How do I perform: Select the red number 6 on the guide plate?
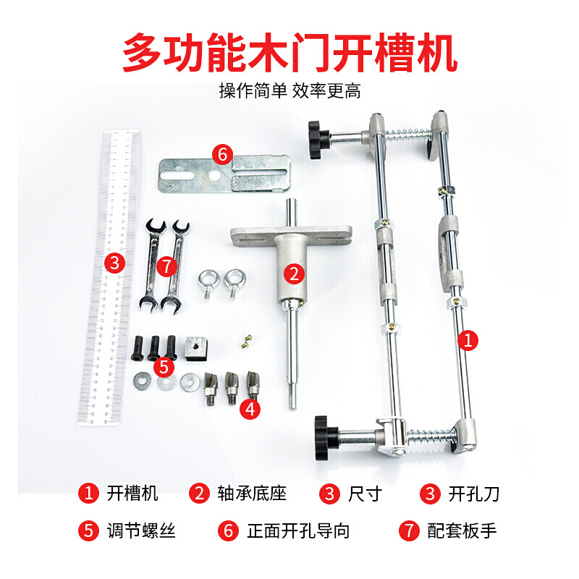pos(222,154)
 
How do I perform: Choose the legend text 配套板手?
pos(462,531)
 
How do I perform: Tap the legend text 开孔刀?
pos(474,494)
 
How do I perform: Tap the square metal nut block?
pos(198,348)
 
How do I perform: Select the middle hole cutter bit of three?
pos(232,387)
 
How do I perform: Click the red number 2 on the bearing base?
pos(292,273)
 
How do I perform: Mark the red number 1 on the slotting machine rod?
pos(470,340)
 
